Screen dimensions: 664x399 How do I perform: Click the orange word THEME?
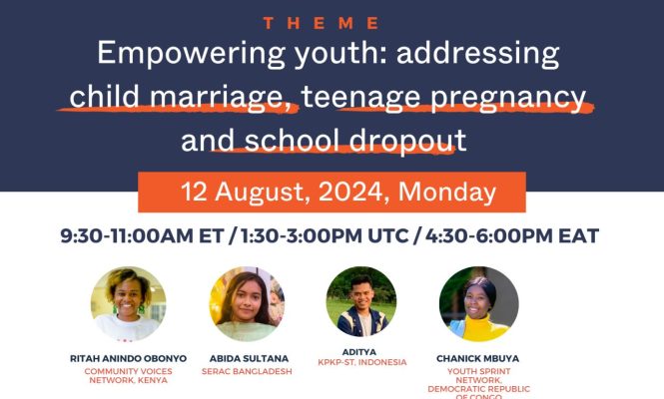click(321, 23)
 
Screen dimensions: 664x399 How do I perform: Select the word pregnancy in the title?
click(508, 98)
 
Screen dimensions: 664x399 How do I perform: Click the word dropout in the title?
click(407, 141)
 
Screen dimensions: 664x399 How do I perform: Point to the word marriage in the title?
click(217, 98)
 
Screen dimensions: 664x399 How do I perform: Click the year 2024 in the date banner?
click(350, 192)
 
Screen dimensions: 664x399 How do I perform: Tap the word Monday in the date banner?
click(447, 193)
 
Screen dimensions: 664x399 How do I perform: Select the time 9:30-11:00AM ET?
click(142, 235)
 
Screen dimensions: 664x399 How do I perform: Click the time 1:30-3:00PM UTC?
click(325, 235)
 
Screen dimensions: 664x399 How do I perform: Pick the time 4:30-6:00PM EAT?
click(512, 235)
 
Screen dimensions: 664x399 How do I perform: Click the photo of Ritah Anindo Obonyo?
click(129, 304)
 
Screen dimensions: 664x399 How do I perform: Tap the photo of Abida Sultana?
click(247, 304)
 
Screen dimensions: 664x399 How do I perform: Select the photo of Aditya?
click(361, 301)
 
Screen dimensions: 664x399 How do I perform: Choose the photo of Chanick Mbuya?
click(479, 304)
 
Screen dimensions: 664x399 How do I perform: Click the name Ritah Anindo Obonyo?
click(129, 358)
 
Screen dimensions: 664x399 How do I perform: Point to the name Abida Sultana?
click(249, 358)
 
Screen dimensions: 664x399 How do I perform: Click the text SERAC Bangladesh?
click(247, 371)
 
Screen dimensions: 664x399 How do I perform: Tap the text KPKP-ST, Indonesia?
click(362, 362)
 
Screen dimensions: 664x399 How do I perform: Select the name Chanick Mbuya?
click(477, 358)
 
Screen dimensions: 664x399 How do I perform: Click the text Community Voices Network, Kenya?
click(129, 376)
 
